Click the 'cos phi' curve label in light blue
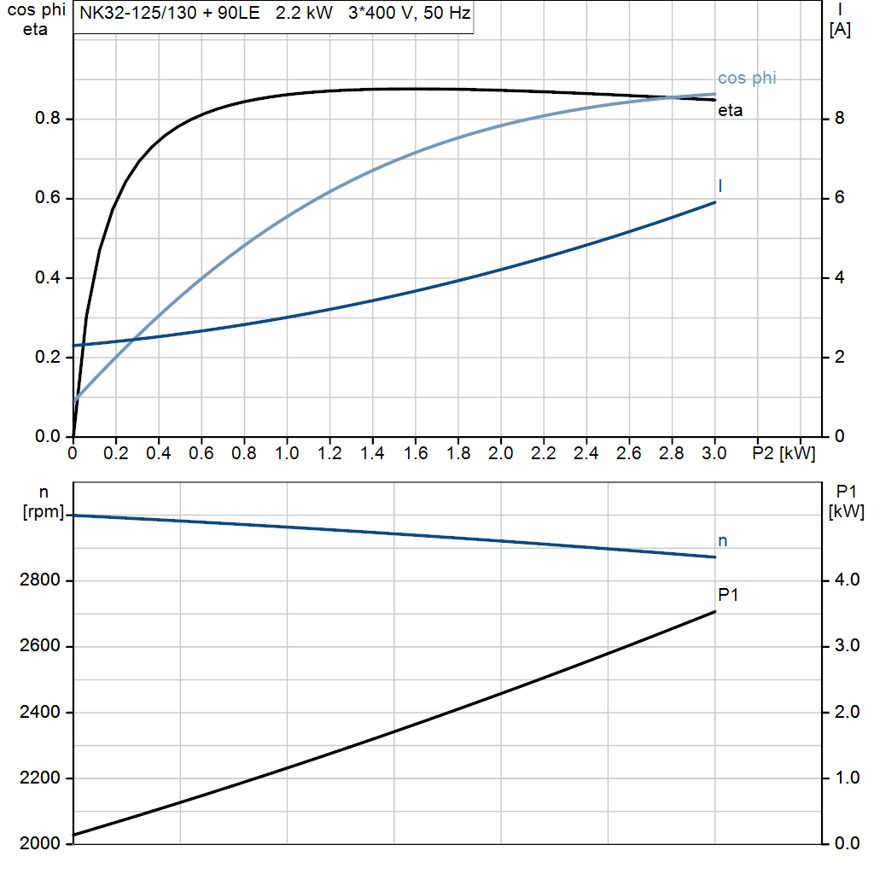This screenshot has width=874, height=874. [747, 79]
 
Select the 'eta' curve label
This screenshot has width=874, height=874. [730, 111]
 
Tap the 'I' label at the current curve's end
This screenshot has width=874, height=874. [721, 185]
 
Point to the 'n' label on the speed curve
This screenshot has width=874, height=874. [722, 540]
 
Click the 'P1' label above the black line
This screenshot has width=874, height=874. [727, 594]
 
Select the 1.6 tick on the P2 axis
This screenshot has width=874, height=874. [415, 453]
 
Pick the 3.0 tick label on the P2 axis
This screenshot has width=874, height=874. [714, 453]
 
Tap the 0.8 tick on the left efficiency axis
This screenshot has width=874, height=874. [48, 119]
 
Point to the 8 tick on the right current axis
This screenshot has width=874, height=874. [839, 119]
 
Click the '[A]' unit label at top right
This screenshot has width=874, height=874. [840, 30]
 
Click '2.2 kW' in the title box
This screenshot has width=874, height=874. [304, 15]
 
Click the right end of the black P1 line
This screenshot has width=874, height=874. [714, 611]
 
